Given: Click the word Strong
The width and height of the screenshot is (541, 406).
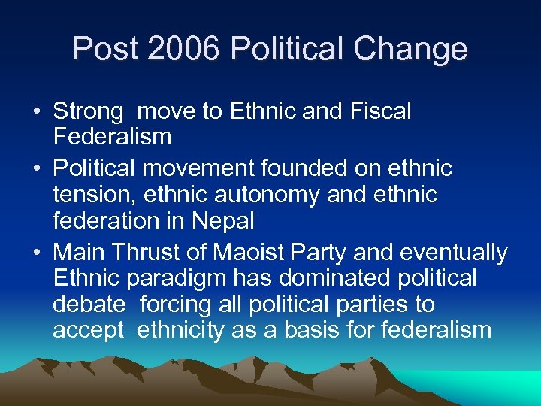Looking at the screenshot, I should point(88,111).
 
